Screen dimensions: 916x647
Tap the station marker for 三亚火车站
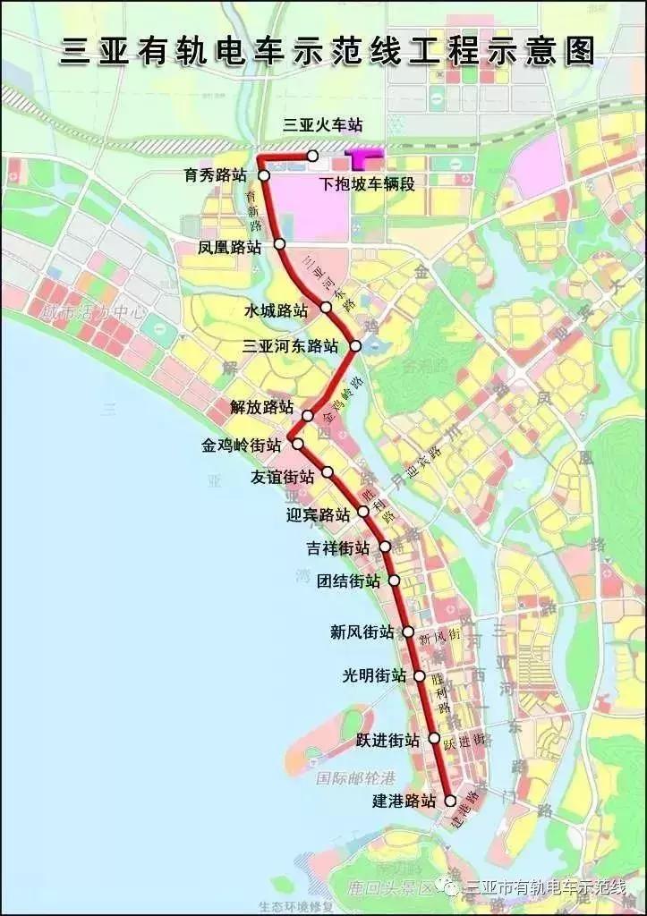pos(312,157)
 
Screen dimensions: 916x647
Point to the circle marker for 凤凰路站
pos(279,243)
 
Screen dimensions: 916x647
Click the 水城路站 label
pos(276,311)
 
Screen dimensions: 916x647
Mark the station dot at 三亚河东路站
pos(355,345)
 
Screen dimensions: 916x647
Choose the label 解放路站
pos(261,407)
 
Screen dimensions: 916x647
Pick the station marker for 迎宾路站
pos(363,512)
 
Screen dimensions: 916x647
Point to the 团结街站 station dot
pos(394,580)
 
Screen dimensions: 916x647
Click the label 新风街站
pos(362,632)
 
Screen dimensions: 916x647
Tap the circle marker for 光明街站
pos(419,676)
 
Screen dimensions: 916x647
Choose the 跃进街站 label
pos(387,741)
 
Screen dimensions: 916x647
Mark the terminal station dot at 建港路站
pos(450,801)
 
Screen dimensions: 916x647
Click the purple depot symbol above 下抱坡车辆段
pos(364,159)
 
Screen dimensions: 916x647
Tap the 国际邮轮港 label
pos(353,779)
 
